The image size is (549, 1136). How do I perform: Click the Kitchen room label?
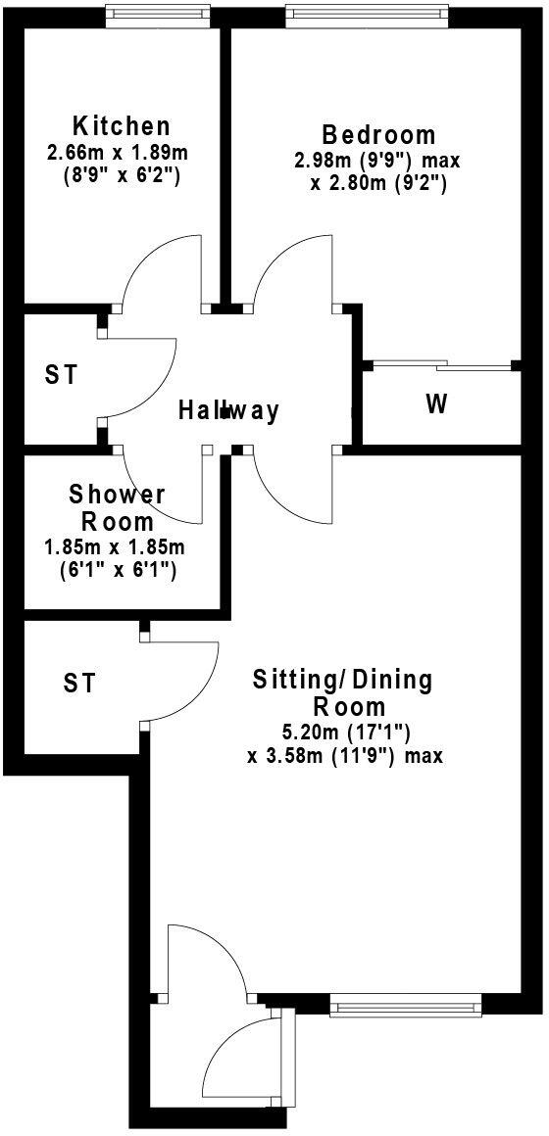click(122, 126)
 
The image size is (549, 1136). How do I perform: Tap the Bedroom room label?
click(378, 134)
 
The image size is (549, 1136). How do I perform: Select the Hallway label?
click(228, 410)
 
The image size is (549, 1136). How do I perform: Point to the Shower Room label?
click(117, 507)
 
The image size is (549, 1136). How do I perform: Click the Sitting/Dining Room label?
click(341, 691)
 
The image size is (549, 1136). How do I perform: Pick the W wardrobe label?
click(436, 404)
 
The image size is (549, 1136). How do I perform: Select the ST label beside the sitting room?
click(79, 683)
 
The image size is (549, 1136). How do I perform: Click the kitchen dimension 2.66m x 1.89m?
click(118, 153)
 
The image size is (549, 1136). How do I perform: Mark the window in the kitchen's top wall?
click(158, 14)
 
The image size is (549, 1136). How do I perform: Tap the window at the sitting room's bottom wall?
click(406, 1003)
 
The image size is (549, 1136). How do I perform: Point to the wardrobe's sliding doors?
click(438, 366)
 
